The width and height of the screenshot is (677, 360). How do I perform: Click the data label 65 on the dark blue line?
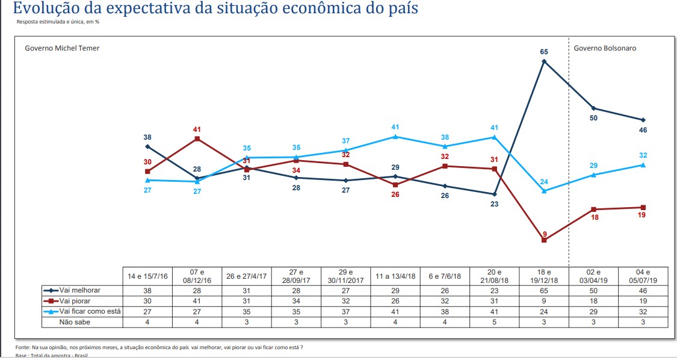543,52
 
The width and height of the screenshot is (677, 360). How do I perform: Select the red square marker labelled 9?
544,240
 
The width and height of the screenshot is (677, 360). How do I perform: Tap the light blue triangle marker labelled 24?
544,191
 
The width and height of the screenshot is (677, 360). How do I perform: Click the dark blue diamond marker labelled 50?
594,108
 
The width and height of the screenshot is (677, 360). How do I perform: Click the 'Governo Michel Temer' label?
62,48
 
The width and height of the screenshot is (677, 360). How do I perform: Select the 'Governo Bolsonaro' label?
605,48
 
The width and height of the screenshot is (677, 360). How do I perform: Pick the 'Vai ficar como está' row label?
90,311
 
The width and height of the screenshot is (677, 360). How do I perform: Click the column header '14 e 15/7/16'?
147,276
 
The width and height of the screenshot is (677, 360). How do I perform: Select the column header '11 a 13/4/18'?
395,276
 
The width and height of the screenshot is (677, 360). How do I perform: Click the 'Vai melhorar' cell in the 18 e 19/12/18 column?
544,290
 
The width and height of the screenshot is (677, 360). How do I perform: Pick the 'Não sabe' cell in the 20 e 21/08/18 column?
495,322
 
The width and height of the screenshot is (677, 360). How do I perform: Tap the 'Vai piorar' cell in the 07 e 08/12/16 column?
197,300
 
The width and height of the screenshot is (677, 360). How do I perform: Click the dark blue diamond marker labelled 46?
643,120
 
